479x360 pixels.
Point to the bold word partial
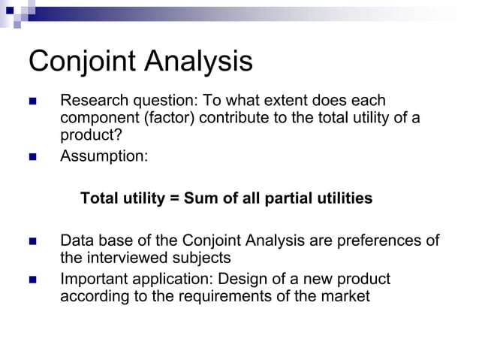[288, 199]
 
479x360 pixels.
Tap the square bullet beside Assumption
[32, 157]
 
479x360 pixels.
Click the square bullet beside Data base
[32, 242]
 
